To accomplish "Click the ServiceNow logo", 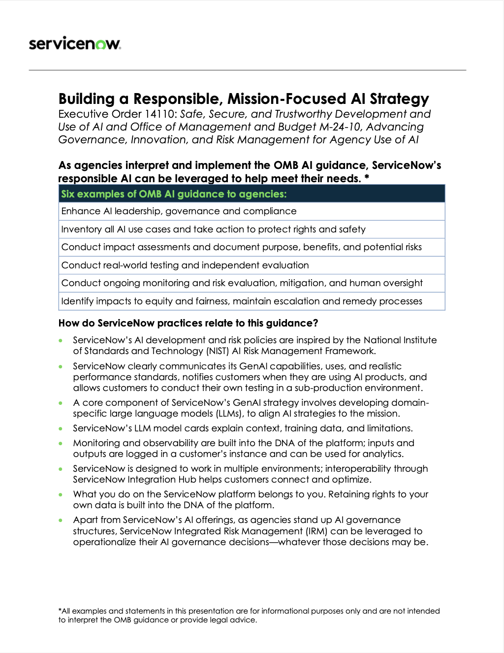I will (75, 44).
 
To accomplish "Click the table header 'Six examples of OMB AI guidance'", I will (173, 194).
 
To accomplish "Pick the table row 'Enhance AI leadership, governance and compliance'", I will (179, 211).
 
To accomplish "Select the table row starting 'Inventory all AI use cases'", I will (213, 229).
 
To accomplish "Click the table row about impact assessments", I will (241, 247).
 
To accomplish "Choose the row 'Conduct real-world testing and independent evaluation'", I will (185, 265).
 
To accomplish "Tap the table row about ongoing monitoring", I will (242, 283).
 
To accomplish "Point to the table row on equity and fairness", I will (241, 301).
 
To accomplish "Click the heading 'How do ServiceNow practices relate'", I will (188, 323).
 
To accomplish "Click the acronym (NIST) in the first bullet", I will (214, 351).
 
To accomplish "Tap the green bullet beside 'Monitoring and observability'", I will (61, 443).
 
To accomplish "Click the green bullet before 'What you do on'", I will (61, 494).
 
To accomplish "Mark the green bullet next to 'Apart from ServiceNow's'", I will (61, 520).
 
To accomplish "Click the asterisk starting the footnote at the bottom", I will (60, 611).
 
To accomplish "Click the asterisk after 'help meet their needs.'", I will (367, 177).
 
